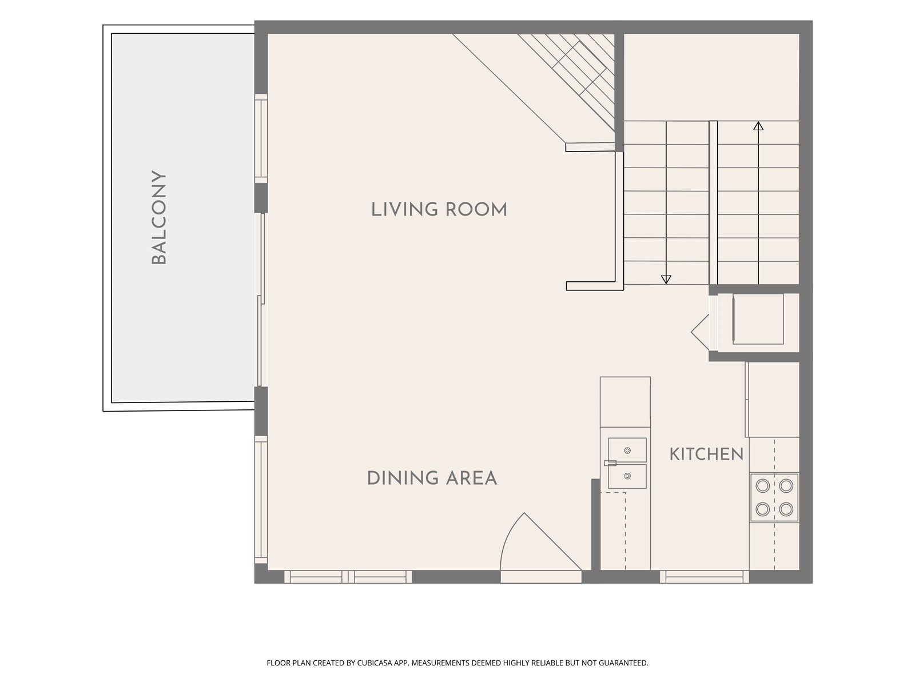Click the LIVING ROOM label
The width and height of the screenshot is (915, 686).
pyautogui.click(x=439, y=209)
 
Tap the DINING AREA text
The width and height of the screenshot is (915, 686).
pyautogui.click(x=432, y=478)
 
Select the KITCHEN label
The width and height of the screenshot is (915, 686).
pyautogui.click(x=707, y=454)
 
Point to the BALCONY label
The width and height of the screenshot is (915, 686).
pyautogui.click(x=159, y=217)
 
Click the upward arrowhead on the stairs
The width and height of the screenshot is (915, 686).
pyautogui.click(x=758, y=125)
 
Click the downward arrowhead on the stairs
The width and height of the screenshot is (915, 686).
pyautogui.click(x=666, y=280)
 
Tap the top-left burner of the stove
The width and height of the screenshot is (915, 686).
pyautogui.click(x=763, y=486)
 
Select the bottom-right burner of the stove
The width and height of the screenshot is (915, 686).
pyautogui.click(x=786, y=509)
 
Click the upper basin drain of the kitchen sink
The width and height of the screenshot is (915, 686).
pyautogui.click(x=627, y=450)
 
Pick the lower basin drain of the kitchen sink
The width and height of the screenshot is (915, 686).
pyautogui.click(x=627, y=476)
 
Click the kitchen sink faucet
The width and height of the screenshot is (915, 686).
pyautogui.click(x=610, y=462)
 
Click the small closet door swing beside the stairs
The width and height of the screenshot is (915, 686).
pyautogui.click(x=701, y=332)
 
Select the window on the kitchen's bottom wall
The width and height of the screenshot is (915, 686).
pyautogui.click(x=704, y=577)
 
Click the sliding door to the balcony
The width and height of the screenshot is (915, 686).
pyautogui.click(x=261, y=300)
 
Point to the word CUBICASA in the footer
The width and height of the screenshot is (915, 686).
pyautogui.click(x=375, y=663)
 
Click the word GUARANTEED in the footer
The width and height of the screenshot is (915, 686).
pyautogui.click(x=623, y=663)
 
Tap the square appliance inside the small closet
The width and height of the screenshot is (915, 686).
pyautogui.click(x=758, y=319)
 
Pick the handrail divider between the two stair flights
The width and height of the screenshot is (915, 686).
pyautogui.click(x=713, y=203)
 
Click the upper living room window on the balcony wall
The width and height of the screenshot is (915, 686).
pyautogui.click(x=261, y=138)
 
